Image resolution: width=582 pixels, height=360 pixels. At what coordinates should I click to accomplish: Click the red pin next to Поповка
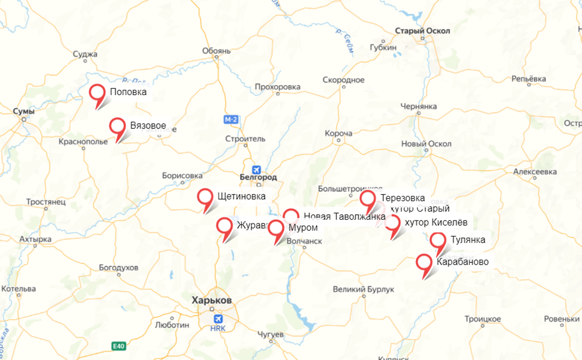tap(98, 93)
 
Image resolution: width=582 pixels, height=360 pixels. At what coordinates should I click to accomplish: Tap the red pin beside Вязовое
tap(118, 126)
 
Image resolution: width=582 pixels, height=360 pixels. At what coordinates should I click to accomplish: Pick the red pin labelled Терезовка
tap(367, 199)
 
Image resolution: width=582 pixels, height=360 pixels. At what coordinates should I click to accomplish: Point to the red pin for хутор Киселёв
tap(393, 223)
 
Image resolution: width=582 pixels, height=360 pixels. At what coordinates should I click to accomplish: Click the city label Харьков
tap(212, 300)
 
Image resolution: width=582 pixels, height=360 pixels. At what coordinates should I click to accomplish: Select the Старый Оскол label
tap(422, 31)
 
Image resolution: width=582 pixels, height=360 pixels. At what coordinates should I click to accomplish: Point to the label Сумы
tap(24, 111)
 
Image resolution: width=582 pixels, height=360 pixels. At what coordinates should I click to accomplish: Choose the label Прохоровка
tap(277, 87)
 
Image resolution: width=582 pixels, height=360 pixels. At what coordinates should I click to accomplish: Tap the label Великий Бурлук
tap(364, 289)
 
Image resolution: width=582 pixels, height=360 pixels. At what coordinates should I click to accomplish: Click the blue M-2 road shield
tap(231, 120)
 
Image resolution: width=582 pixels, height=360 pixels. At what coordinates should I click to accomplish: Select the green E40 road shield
tap(118, 346)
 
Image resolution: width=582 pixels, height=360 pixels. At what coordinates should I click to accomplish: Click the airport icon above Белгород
tap(256, 169)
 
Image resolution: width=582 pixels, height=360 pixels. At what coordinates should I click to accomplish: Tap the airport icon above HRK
tap(218, 319)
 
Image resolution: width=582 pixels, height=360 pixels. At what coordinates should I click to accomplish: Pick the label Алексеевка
tap(535, 172)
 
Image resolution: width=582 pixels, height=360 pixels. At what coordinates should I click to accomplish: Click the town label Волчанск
tap(304, 241)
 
